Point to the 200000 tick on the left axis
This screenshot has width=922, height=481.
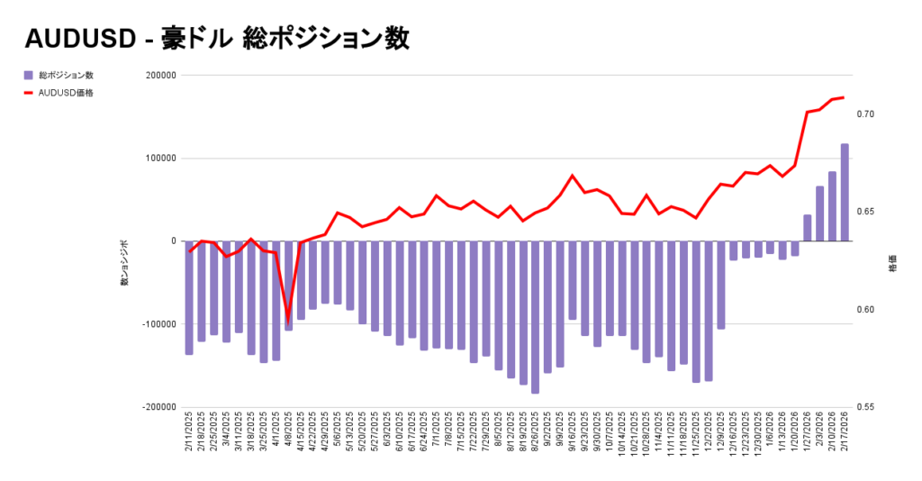click(x=158, y=76)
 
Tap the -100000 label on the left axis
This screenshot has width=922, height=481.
click(x=157, y=324)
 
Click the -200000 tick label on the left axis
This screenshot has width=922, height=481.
click(x=157, y=407)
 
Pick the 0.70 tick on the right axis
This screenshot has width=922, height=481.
click(x=866, y=114)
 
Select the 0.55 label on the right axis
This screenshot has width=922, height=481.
click(x=866, y=407)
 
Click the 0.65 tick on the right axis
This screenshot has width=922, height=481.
click(x=866, y=212)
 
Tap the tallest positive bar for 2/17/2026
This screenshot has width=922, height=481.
click(x=845, y=192)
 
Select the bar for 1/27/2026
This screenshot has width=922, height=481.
click(x=808, y=228)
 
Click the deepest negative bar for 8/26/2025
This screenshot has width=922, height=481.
click(x=535, y=317)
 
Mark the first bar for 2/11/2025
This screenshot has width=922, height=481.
click(x=189, y=297)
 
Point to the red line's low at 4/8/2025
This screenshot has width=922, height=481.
click(x=288, y=321)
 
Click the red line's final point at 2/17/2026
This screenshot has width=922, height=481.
click(x=844, y=96)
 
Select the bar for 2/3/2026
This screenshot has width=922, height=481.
click(x=820, y=213)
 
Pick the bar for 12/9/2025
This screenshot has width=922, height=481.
click(x=721, y=285)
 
